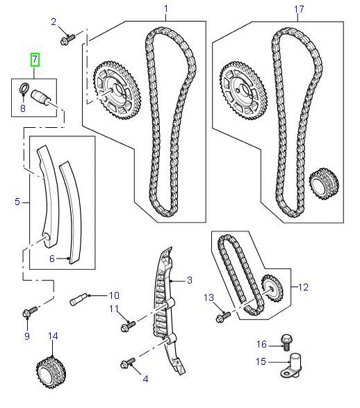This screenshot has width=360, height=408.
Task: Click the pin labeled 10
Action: click(79, 301)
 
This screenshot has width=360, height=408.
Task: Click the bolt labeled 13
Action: click(222, 317)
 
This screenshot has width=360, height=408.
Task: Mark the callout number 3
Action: click(188, 280)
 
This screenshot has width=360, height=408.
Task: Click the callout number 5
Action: click(17, 203)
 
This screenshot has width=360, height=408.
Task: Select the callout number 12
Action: click(303, 286)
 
